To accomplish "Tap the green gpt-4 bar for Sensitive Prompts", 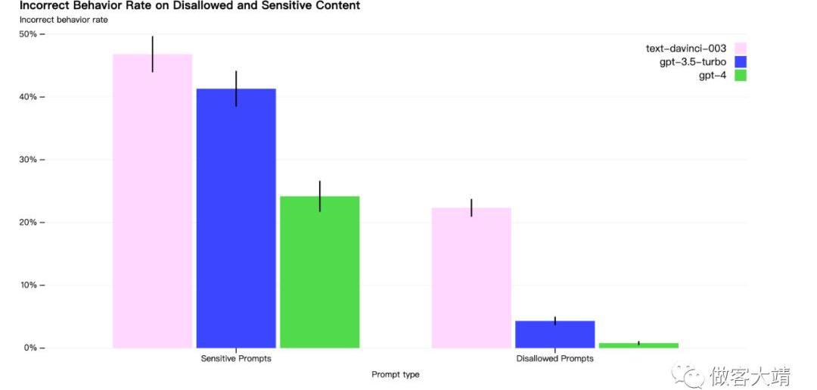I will tap(319, 272).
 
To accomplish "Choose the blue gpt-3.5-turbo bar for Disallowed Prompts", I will tap(555, 334).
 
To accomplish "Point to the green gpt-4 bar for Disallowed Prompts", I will tap(638, 345).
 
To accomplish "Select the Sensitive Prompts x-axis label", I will tap(236, 359).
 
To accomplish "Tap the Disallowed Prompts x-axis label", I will tap(555, 359).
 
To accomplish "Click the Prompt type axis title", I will tap(395, 374).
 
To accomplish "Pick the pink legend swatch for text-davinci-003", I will tap(741, 48).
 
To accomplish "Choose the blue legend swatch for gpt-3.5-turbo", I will tap(741, 62).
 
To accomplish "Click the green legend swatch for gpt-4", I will tap(741, 75).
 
